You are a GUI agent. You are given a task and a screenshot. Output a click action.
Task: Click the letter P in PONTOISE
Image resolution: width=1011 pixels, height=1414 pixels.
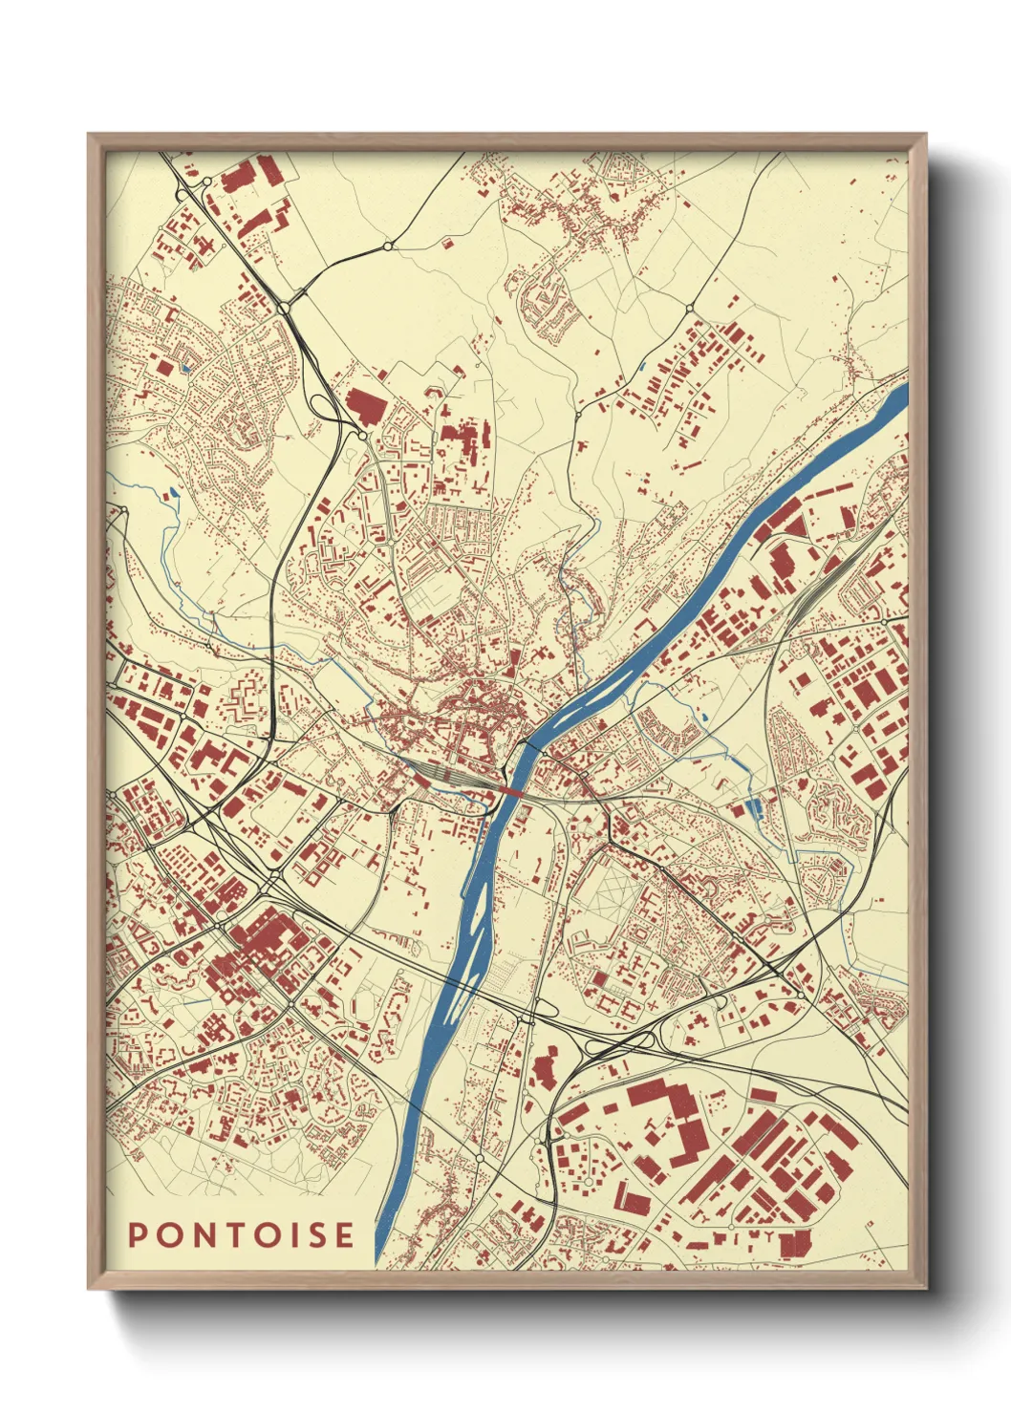138,1235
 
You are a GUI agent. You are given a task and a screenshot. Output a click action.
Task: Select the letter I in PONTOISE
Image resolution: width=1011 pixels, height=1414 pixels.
293,1235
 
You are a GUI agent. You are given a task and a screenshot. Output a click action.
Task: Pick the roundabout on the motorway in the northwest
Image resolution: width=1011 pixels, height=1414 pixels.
285,308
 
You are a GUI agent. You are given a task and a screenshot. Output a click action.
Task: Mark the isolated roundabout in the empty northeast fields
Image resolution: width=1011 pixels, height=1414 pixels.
689,308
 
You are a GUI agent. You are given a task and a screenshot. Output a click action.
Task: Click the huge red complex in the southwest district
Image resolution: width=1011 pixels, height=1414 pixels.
263,941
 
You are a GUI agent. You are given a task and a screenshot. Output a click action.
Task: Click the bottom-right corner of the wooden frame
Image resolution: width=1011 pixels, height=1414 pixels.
924,1286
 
